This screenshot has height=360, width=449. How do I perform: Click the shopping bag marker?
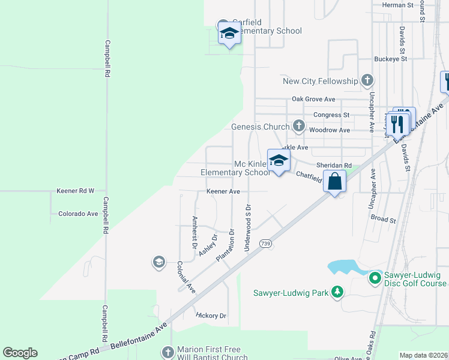335,181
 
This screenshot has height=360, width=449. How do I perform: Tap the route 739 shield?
265,243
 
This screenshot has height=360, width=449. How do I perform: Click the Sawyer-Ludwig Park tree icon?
338,292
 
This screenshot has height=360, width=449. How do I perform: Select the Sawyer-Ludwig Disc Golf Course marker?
375,277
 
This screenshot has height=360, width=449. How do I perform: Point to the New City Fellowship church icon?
367,81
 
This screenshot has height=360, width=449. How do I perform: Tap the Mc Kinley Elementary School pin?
279,161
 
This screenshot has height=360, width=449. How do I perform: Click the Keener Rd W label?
76,191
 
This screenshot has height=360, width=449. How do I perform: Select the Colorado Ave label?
78,214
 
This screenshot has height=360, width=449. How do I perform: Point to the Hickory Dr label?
211,315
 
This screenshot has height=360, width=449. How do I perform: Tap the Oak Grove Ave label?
313,99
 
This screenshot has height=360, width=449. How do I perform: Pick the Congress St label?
331,115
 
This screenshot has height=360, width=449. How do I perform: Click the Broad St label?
384,220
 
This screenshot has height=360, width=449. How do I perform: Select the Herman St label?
398,5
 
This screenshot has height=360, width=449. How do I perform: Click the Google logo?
20,353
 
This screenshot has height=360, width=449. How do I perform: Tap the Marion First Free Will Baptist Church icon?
167,352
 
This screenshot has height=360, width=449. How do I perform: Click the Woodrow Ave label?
330,130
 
